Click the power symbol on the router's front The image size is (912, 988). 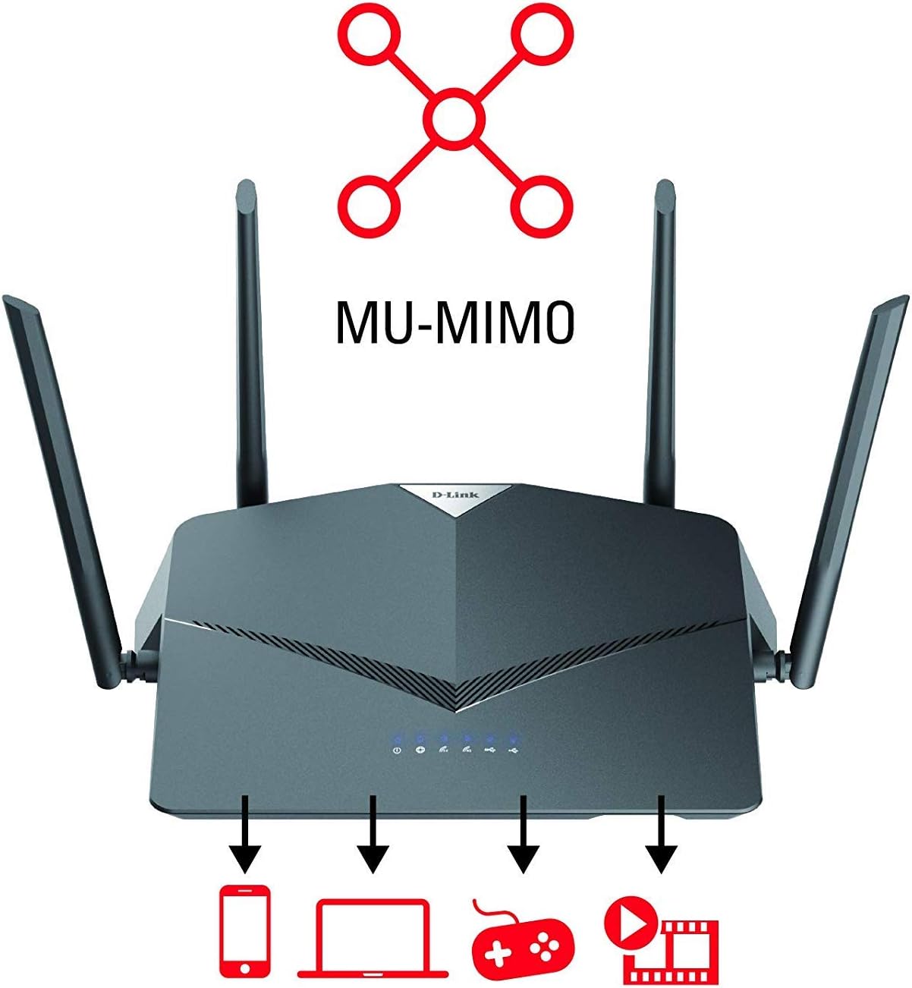coord(396,750)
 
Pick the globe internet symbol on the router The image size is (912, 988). coord(420,750)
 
